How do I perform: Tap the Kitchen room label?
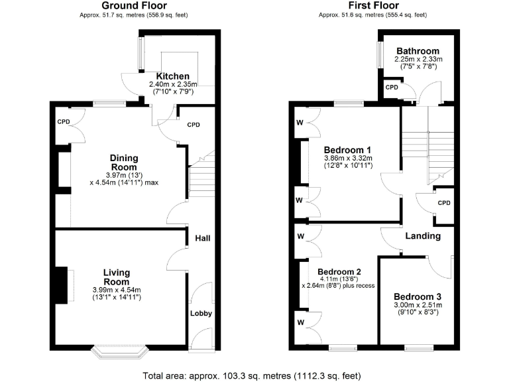click(x=172, y=76)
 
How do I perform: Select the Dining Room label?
click(x=124, y=162)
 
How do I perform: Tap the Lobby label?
click(x=201, y=313)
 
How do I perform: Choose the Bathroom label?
click(x=418, y=51)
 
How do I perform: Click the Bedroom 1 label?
click(x=347, y=149)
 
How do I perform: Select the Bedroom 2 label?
click(x=339, y=272)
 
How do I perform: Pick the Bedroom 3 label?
click(x=417, y=296)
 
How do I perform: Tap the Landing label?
click(x=423, y=236)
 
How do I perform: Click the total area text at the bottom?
click(x=252, y=375)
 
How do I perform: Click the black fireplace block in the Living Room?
click(x=61, y=285)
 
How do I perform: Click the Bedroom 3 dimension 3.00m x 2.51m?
click(x=418, y=305)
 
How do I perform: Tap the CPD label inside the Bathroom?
click(x=392, y=88)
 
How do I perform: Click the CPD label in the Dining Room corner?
click(x=64, y=122)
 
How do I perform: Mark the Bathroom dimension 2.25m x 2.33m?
click(x=418, y=59)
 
